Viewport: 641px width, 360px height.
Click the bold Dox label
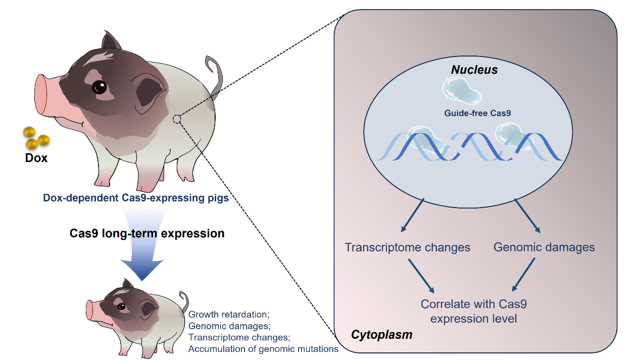[x=36, y=158]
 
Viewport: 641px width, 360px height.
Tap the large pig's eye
[x=100, y=88]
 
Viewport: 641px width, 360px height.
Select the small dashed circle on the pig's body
[x=177, y=119]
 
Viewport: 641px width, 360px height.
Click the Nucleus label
[x=474, y=70]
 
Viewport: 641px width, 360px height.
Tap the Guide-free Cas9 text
[x=477, y=113]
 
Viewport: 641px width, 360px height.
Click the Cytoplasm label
[x=381, y=334]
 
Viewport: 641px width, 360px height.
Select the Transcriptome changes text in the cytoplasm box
[x=407, y=247]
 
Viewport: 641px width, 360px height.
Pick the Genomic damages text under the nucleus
[x=544, y=247]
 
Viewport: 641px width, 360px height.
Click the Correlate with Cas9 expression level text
[x=474, y=312]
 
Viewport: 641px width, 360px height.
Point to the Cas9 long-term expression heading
[x=147, y=234]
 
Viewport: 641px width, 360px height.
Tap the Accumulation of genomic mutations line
[x=263, y=348]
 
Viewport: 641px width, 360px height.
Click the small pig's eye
[x=121, y=306]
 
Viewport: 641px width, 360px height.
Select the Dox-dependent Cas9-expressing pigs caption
[x=136, y=198]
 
